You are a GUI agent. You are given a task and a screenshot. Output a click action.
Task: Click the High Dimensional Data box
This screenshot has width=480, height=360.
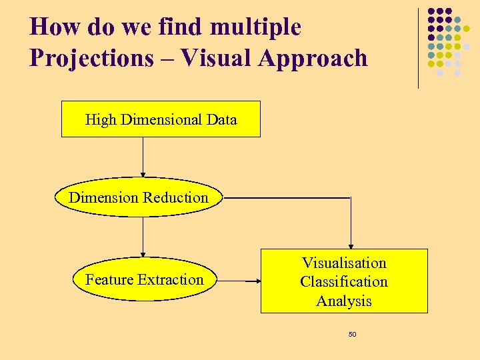[x=161, y=119]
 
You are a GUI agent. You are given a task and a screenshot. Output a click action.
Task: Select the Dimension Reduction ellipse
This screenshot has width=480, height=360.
[x=139, y=197]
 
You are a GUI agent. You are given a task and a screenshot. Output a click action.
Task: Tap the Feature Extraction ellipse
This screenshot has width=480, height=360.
[x=144, y=280]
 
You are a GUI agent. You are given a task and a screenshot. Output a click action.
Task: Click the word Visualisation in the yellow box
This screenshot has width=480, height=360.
[x=344, y=263]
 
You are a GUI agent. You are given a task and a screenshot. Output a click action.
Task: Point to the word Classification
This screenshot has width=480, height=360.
[x=344, y=281]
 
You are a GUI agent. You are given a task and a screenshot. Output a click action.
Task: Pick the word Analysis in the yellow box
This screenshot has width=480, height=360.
[x=344, y=301]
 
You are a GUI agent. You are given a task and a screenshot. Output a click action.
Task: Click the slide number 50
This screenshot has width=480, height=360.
[x=352, y=334]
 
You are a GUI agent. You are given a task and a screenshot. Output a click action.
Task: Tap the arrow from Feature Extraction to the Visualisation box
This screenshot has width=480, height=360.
[x=240, y=281]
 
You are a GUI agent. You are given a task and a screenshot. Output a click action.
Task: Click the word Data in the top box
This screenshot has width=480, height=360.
[x=221, y=120]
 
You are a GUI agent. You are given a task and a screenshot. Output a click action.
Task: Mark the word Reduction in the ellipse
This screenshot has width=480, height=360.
[x=177, y=197]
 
